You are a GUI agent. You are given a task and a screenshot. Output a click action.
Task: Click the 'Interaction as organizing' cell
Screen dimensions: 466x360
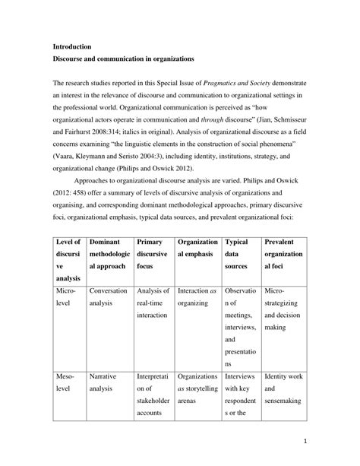point(197,297)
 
